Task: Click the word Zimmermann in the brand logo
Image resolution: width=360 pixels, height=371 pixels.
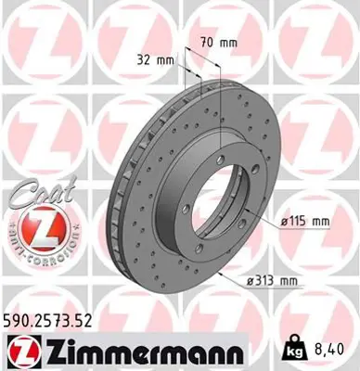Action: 140,353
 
